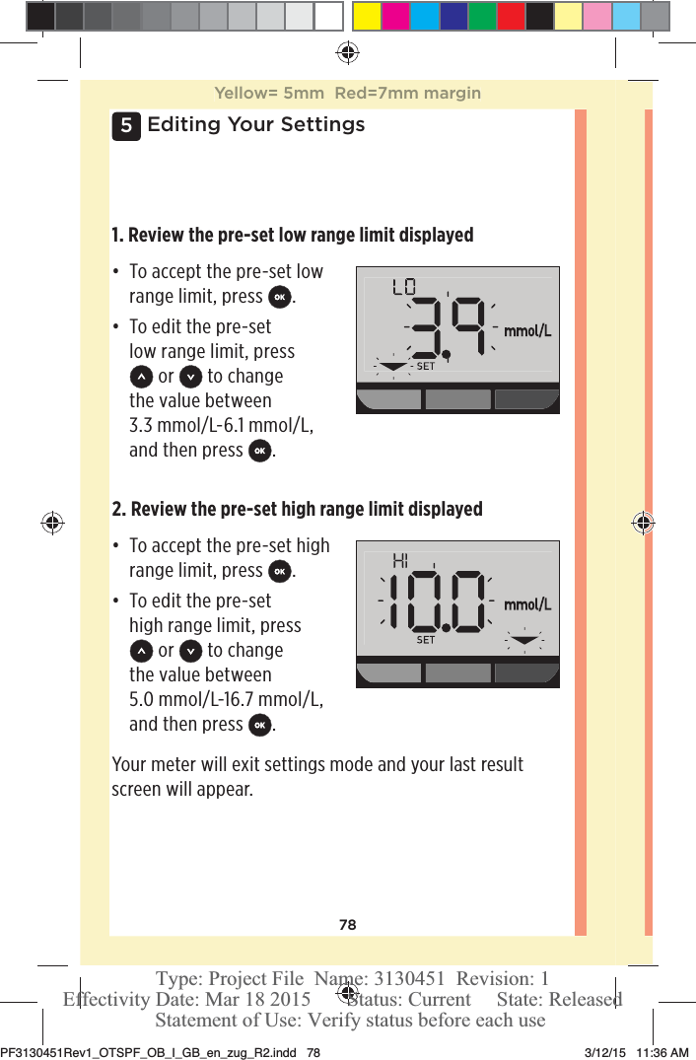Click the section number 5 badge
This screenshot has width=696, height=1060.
tap(125, 125)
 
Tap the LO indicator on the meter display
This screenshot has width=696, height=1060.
tap(403, 288)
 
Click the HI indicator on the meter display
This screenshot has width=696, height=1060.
tap(400, 561)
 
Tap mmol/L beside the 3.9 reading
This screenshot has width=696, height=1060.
tap(527, 331)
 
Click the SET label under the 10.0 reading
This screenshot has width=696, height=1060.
tap(425, 640)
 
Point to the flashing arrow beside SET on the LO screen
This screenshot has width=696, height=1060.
tap(393, 366)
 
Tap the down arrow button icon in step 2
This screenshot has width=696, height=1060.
tap(192, 651)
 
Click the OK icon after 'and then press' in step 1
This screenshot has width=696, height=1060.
tap(259, 451)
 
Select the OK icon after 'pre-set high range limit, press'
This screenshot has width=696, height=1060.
tap(280, 571)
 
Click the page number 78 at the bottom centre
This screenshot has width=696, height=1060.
tap(347, 925)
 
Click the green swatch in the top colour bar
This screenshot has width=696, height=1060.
tap(482, 16)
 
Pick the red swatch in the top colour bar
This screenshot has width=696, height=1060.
tap(511, 16)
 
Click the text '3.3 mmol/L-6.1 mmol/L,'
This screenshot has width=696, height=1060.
tap(222, 425)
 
